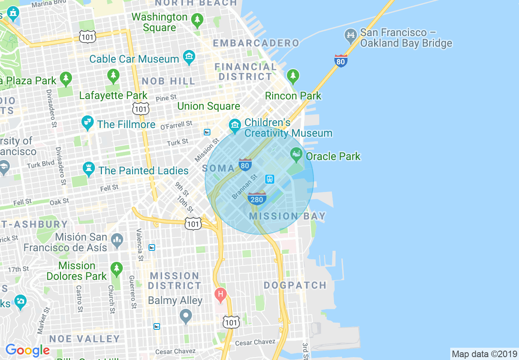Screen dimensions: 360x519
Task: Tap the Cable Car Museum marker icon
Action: (x=189, y=58)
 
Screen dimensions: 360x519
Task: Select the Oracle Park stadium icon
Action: (x=296, y=155)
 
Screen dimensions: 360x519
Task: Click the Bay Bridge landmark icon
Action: (x=350, y=36)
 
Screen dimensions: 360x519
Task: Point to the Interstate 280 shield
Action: (x=257, y=198)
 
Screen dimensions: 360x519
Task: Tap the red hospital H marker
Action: (x=221, y=294)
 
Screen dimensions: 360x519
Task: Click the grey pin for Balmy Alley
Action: (x=186, y=315)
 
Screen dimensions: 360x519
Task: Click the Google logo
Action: (x=27, y=351)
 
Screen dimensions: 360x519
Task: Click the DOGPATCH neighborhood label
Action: (x=295, y=285)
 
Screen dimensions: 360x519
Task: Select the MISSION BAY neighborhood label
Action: (x=287, y=216)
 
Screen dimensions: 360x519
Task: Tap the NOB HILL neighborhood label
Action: (x=169, y=81)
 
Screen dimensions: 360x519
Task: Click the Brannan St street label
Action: (x=244, y=187)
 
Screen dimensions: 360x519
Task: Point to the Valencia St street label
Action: (x=140, y=245)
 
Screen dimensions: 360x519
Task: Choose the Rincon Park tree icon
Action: (x=293, y=76)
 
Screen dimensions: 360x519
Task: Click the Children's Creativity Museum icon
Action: (x=235, y=125)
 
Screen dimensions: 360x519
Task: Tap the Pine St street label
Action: (x=166, y=98)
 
